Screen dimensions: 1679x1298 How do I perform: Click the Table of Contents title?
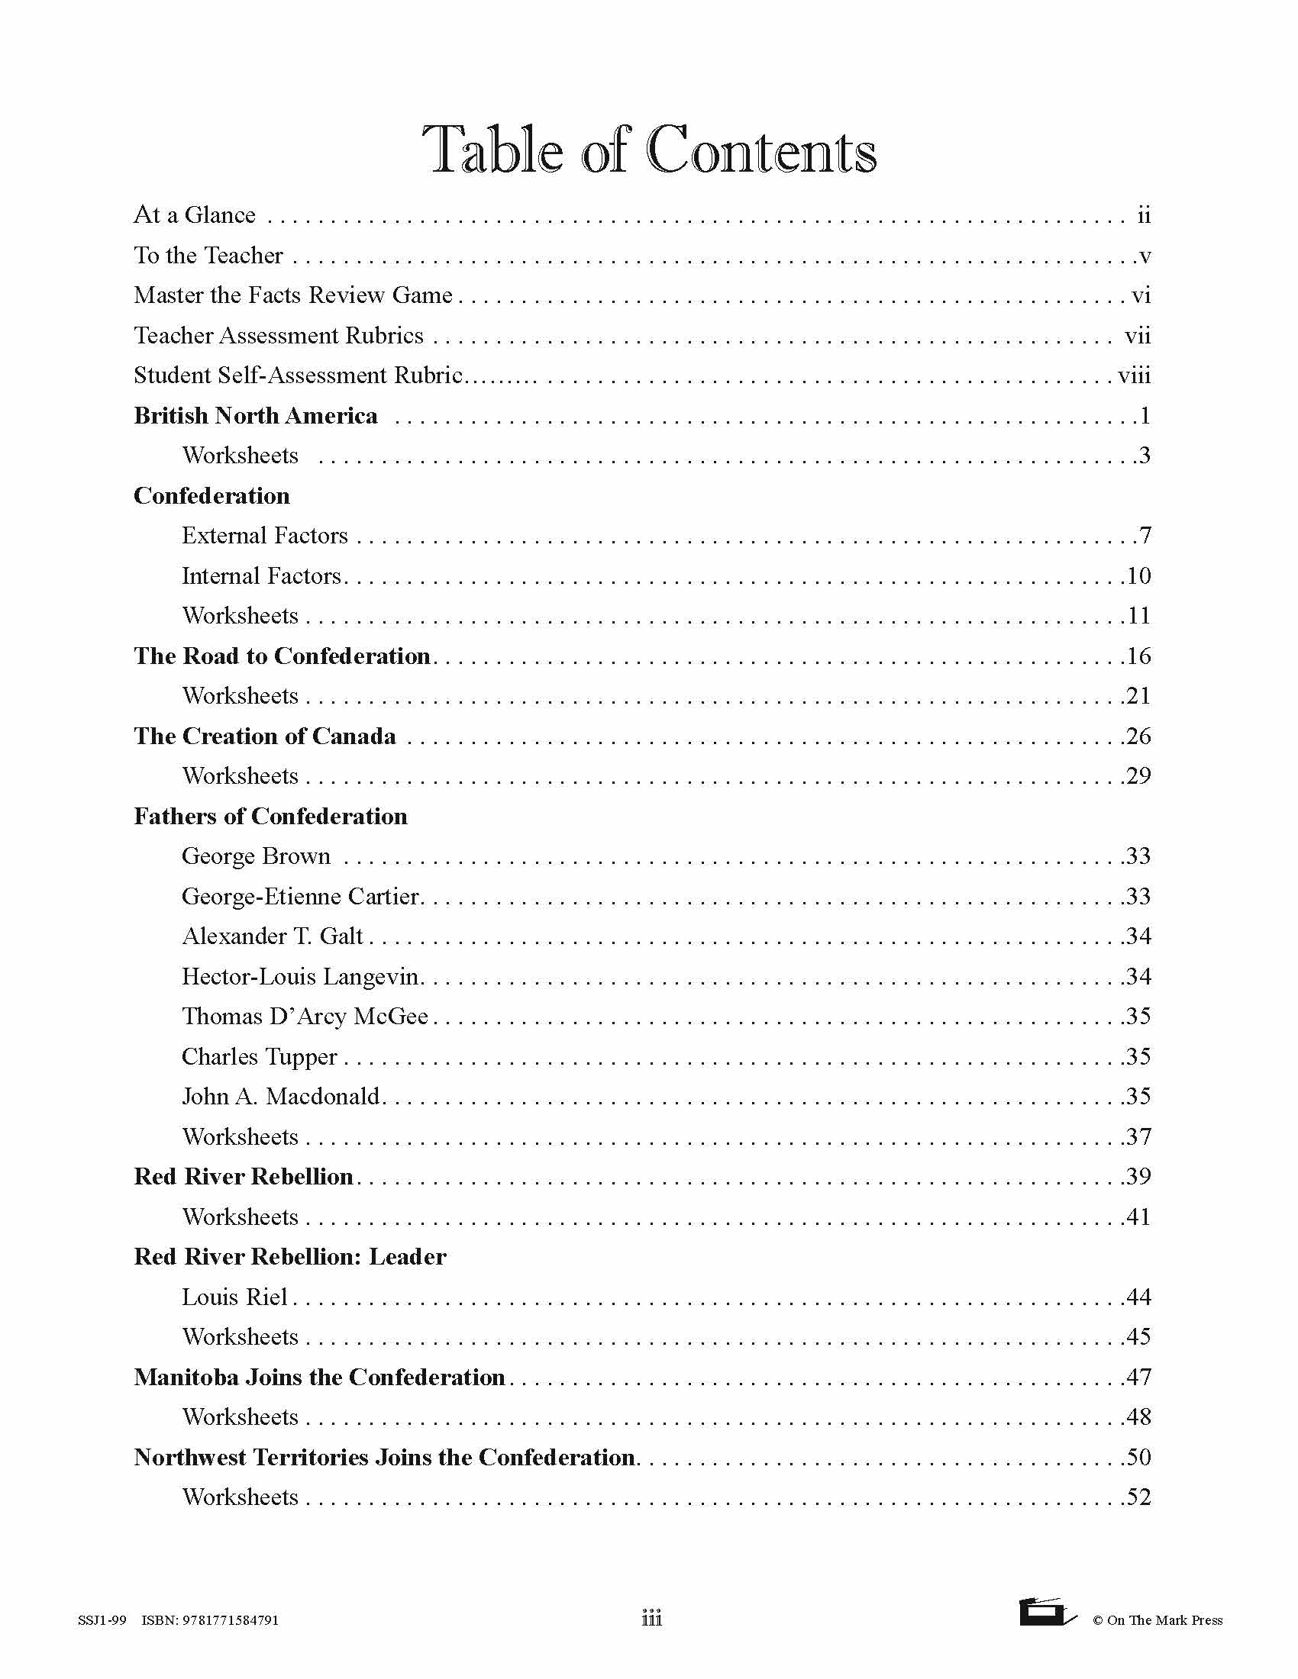[x=650, y=149]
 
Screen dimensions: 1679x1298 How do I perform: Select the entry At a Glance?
[x=195, y=214]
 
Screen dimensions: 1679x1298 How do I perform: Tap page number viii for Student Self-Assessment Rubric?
[x=1134, y=375]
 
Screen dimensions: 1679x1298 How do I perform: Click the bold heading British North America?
[x=255, y=416]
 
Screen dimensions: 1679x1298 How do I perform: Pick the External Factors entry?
[x=264, y=536]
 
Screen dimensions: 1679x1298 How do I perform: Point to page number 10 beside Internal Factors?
[x=1138, y=575]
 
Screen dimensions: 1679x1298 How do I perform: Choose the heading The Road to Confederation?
[x=282, y=656]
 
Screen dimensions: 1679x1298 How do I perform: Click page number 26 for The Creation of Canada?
[x=1138, y=736]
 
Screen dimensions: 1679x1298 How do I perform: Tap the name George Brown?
[x=256, y=856]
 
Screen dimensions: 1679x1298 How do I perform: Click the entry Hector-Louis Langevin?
[x=301, y=976]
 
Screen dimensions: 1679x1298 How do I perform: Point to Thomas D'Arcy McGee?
[x=305, y=1017]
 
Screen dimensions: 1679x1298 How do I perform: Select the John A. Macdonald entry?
[x=282, y=1096]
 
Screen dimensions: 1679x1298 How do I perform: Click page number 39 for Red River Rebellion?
[x=1138, y=1176]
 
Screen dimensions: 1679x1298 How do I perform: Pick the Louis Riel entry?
[x=234, y=1297]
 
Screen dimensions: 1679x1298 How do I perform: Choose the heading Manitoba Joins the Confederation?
[x=319, y=1377]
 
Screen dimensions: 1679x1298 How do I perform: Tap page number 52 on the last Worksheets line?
[x=1138, y=1497]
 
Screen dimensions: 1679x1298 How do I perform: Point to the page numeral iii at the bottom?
[x=651, y=1618]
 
